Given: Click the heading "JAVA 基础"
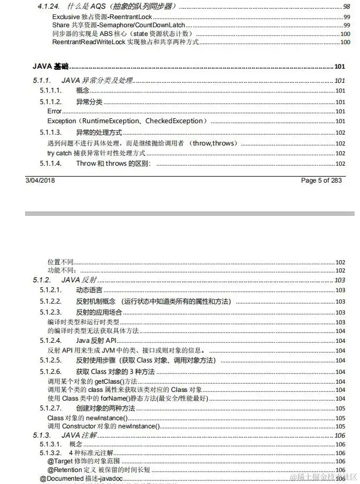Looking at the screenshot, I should [51, 66].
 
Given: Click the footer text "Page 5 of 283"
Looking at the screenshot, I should [321, 180].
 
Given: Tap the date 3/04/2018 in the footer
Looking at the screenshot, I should [40, 180].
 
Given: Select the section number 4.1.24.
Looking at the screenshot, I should [48, 7].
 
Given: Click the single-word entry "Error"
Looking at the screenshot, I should [54, 111].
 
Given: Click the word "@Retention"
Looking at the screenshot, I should [64, 470].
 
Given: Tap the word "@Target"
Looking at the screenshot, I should [60, 461].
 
